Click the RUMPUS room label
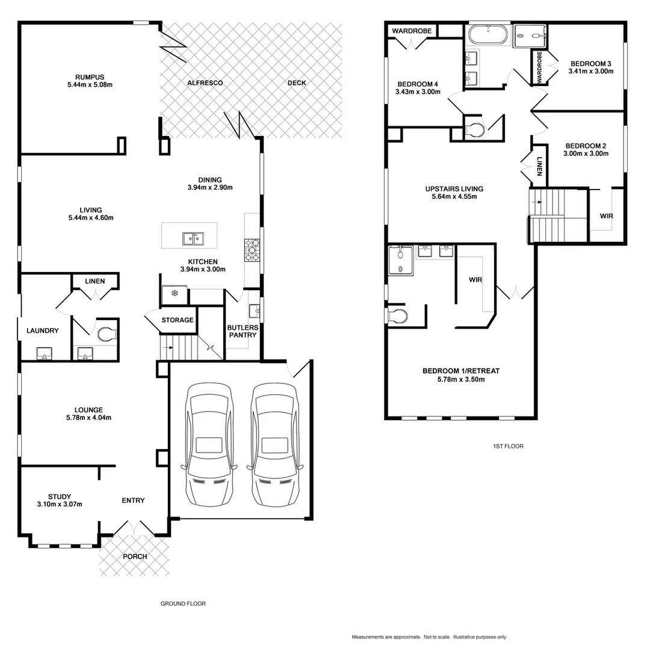pos(90,77)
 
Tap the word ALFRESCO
pos(205,82)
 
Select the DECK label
pos(296,82)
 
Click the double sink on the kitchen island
pos(193,239)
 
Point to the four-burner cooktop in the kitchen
pos(252,249)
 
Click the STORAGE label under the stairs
pos(178,320)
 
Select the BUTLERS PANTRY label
pos(243,331)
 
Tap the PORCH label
pos(135,556)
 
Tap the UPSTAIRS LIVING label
pos(454,188)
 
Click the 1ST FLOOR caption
pos(508,447)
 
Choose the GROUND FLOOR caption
pos(183,604)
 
